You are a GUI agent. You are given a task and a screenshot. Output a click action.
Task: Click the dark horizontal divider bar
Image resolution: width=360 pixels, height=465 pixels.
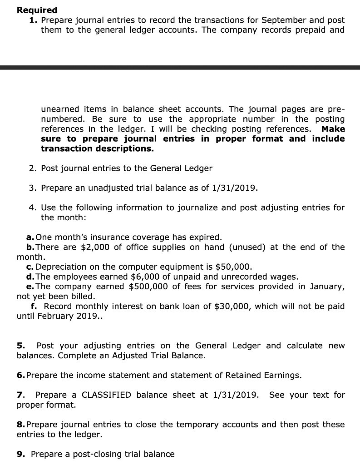[180, 68]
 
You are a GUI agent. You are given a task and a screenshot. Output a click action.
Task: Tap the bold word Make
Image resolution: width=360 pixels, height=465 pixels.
[333, 129]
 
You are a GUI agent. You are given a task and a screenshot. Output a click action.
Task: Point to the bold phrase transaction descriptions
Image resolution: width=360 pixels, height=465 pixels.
[97, 148]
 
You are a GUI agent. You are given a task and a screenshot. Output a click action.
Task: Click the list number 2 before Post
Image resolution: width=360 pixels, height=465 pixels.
[32, 168]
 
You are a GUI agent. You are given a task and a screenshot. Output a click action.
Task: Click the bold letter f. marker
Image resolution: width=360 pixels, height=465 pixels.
[35, 307]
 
